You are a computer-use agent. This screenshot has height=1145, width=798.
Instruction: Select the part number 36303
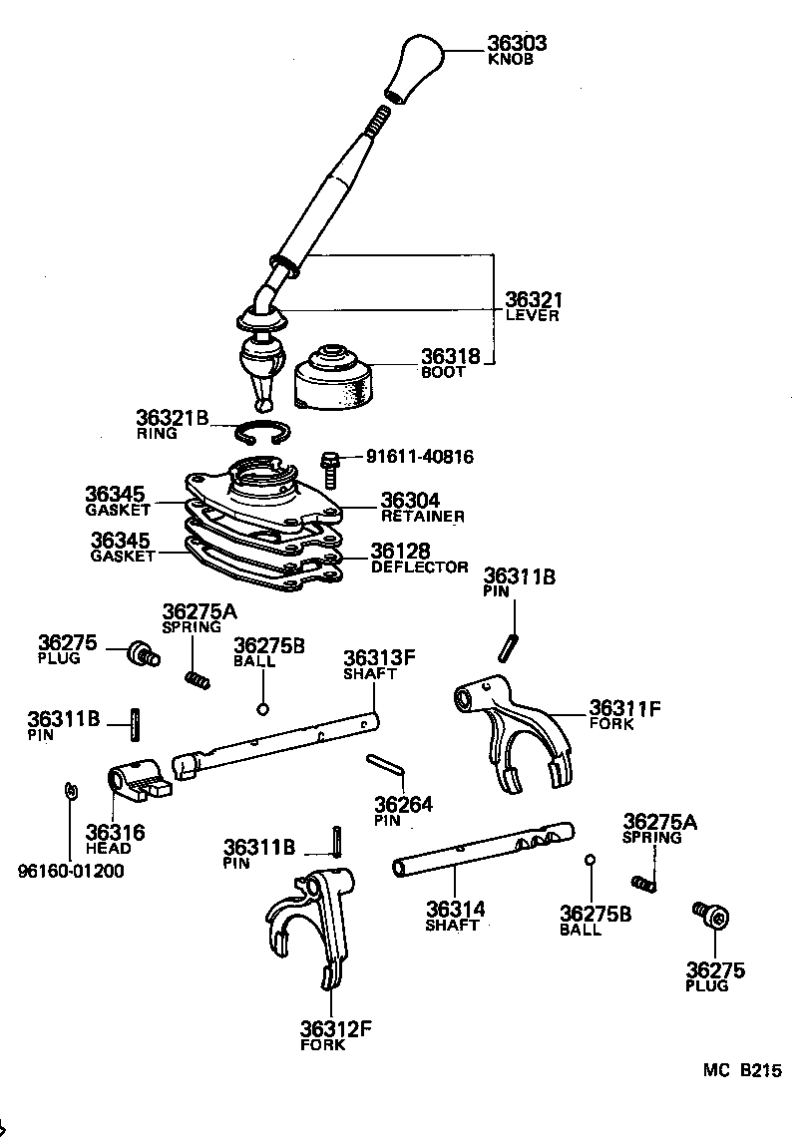pyautogui.click(x=516, y=44)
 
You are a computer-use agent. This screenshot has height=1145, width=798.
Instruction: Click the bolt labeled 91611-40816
pyautogui.click(x=330, y=467)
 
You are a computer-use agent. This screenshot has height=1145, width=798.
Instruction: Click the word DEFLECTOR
pyautogui.click(x=419, y=567)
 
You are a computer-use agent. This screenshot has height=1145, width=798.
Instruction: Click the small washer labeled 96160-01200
pyautogui.click(x=68, y=791)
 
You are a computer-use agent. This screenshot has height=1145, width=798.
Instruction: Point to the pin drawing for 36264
pyautogui.click(x=384, y=764)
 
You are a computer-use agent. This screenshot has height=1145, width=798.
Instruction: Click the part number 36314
pyautogui.click(x=455, y=909)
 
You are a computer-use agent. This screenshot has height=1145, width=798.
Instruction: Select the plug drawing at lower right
pyautogui.click(x=710, y=914)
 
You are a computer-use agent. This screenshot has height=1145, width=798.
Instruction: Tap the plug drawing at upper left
pyautogui.click(x=140, y=655)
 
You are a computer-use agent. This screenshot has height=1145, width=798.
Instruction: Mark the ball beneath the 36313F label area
pyautogui.click(x=262, y=709)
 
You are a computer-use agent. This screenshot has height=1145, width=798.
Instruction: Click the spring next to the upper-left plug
pyautogui.click(x=198, y=680)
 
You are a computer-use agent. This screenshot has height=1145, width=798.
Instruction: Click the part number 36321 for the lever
pyautogui.click(x=534, y=299)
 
